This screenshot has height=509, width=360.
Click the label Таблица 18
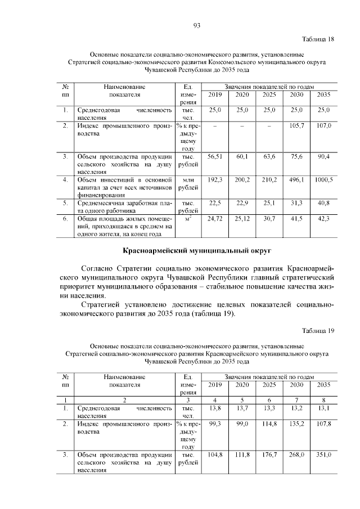(x=318, y=39)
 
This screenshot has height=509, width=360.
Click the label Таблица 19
(x=318, y=331)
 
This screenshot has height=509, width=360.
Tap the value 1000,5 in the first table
(x=323, y=179)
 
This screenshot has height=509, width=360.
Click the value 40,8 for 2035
(x=323, y=203)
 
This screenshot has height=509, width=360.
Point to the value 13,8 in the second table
(x=215, y=408)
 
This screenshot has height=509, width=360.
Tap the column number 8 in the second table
(x=323, y=399)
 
